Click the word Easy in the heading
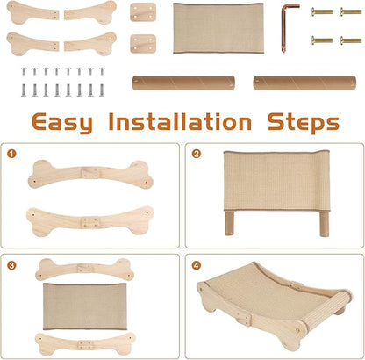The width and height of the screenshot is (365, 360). click(62, 122)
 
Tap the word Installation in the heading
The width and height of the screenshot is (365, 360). click(180, 121)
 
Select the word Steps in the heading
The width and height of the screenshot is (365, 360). click(304, 123)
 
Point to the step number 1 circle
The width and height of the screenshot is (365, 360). click(11, 154)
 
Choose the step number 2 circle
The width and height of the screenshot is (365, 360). click(197, 154)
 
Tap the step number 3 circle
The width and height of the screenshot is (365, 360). click(11, 265)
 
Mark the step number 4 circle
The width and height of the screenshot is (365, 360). click(197, 265)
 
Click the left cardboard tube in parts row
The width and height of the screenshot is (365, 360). click(183, 83)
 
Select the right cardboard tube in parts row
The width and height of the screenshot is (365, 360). click(304, 83)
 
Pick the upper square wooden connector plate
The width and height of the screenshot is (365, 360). click(143, 12)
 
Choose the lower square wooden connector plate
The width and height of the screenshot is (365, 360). click(143, 44)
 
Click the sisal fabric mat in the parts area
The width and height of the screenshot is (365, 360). click(218, 28)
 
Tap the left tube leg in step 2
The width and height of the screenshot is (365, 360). click(229, 223)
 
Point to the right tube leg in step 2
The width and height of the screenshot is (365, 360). click(324, 223)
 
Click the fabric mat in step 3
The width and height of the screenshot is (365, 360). click(85, 306)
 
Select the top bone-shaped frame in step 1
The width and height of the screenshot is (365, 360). click(90, 174)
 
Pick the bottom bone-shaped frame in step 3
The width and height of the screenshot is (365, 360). click(85, 344)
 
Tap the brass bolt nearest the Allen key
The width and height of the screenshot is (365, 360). click(322, 11)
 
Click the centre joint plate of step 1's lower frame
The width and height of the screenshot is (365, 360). click(89, 222)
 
